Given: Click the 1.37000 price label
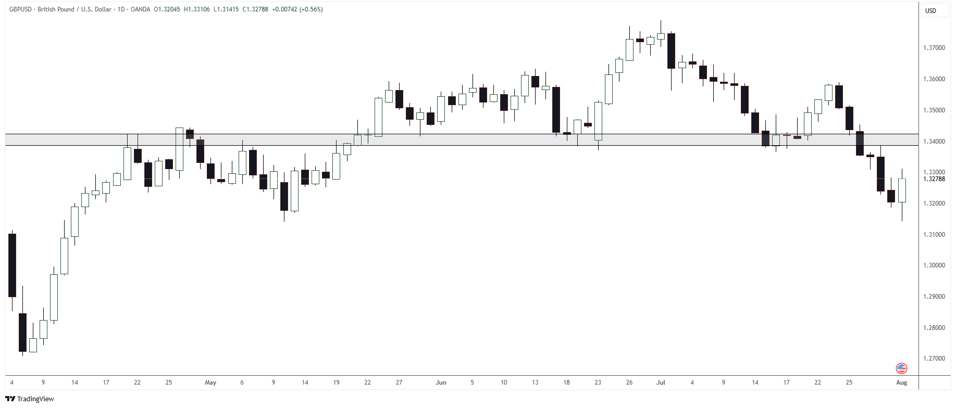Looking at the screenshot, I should point(934,48).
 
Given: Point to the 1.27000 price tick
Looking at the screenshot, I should point(934,359).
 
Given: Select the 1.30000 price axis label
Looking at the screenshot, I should point(934,265).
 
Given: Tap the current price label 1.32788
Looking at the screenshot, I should point(934,179).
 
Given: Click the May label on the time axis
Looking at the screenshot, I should point(210,382).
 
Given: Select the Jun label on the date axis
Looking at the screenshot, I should point(441,382).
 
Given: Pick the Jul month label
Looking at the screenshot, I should point(661,382).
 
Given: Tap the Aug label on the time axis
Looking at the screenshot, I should point(901,382).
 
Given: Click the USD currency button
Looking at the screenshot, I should point(930,11).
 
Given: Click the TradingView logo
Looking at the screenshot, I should point(30,399).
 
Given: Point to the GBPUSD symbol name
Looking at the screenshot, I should point(20,9).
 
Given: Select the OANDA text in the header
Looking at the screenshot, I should point(141,9).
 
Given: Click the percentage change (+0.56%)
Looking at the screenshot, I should point(311,9).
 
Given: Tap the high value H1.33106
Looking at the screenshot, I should point(197,9).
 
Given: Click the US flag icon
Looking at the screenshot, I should point(901,368).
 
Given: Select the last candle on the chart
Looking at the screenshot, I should point(902,190).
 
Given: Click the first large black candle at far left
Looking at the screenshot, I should point(12,265).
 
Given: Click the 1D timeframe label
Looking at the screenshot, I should point(121,9).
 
